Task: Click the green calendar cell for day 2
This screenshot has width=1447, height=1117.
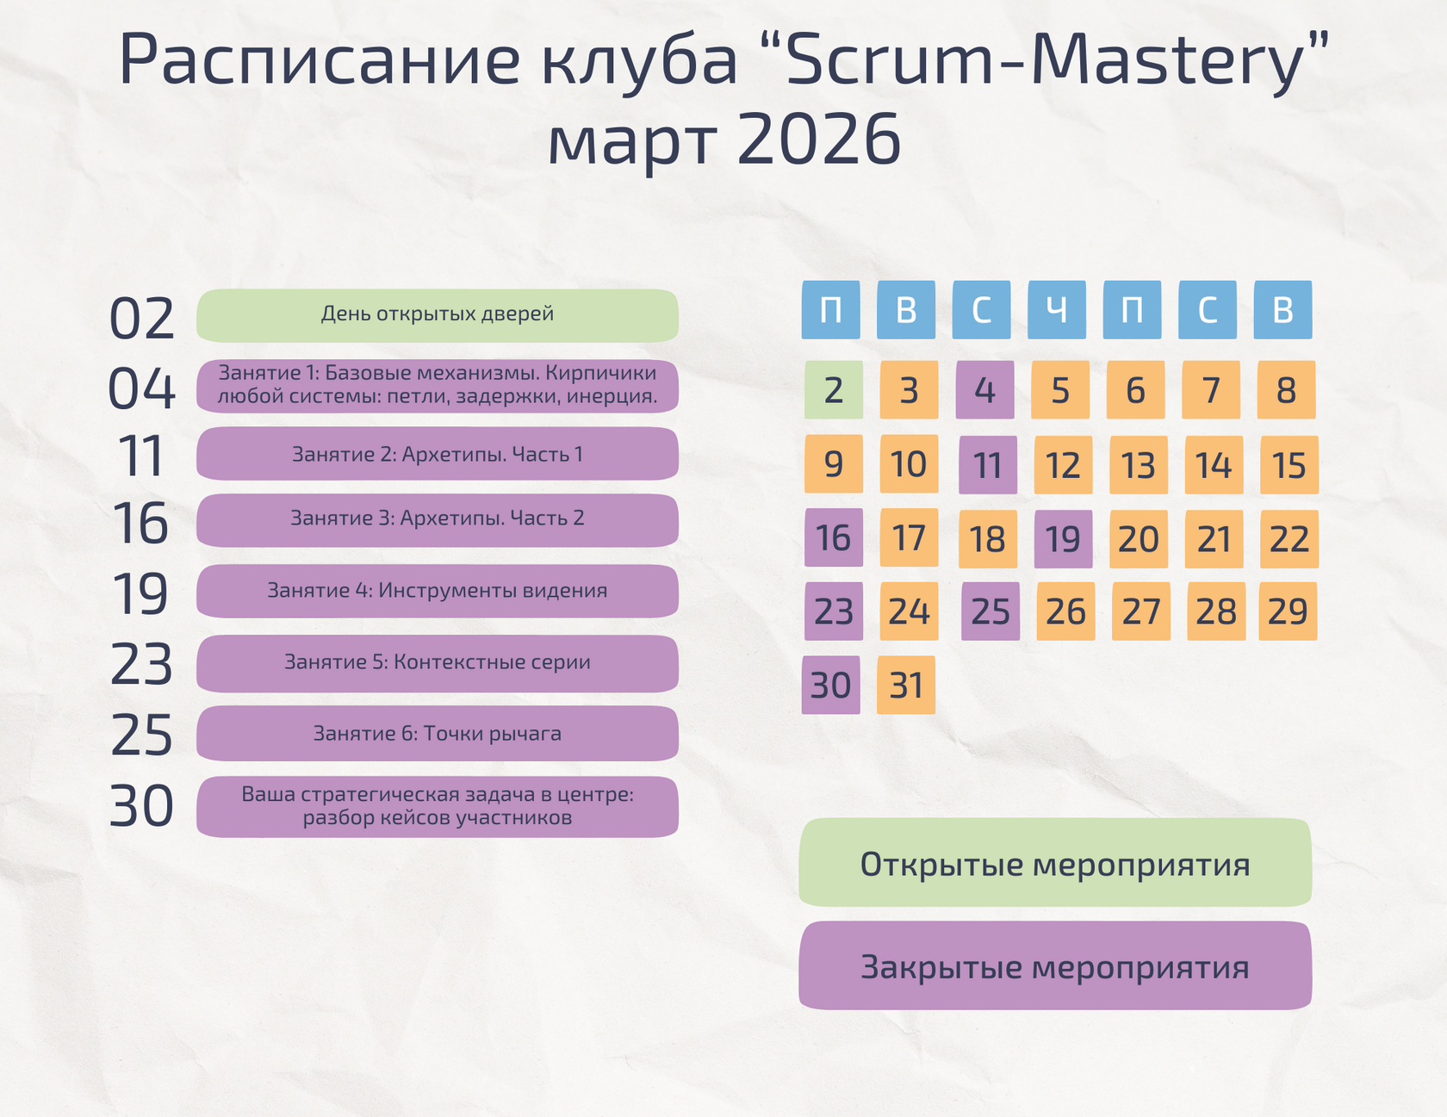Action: [x=833, y=390]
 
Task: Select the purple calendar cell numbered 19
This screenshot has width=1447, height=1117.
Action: [x=1063, y=539]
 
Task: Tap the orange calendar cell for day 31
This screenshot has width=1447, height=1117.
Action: [x=906, y=686]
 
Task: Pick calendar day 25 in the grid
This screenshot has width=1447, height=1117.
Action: [x=990, y=611]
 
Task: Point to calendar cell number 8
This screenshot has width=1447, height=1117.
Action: [x=1286, y=390]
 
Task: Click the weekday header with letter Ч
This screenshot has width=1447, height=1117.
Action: [x=1057, y=309]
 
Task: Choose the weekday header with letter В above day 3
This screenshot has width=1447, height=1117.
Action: [x=906, y=309]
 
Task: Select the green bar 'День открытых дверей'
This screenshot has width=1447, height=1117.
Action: [x=438, y=315]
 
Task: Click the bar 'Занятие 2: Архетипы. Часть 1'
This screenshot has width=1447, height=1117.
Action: [x=438, y=454]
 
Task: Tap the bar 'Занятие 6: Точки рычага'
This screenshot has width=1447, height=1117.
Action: [x=438, y=734]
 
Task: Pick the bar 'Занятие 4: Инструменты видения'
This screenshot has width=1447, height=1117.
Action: [x=438, y=591]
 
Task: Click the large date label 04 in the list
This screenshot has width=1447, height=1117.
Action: [x=142, y=388]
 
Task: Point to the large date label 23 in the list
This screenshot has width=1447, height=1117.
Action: [x=142, y=665]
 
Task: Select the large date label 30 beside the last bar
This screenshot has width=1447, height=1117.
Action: [x=142, y=807]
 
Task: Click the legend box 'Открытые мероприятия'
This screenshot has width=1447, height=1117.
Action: [x=1055, y=863]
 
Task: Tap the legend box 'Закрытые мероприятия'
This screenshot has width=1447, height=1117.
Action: [x=1055, y=965]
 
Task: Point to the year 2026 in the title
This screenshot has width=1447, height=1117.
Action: [x=818, y=140]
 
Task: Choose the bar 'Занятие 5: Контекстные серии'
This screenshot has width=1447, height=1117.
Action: [x=438, y=663]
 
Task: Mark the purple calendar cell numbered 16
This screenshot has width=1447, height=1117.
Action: [x=833, y=538]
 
